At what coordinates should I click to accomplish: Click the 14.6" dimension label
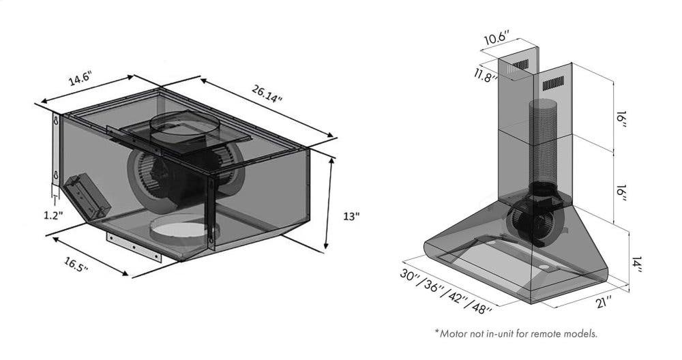click(x=79, y=80)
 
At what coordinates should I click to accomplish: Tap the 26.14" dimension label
click(x=267, y=93)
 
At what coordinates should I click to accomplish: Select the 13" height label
click(x=351, y=216)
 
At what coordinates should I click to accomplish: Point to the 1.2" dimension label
click(x=54, y=215)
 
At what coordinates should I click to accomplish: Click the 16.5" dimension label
click(x=76, y=265)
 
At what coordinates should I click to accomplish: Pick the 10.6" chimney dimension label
click(x=496, y=37)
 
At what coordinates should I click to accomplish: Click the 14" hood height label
click(x=636, y=265)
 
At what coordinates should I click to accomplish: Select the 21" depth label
click(x=604, y=301)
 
